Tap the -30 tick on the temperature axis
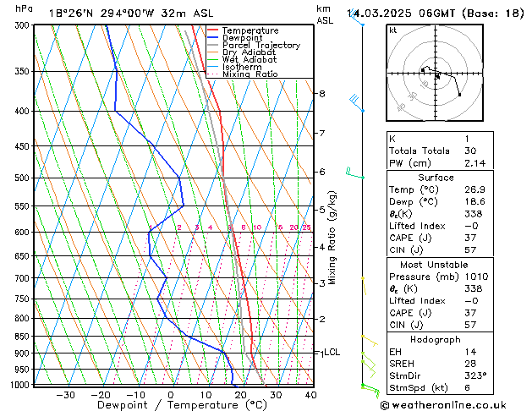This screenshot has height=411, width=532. click(x=65, y=394)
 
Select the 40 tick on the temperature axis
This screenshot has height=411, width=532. click(x=310, y=394)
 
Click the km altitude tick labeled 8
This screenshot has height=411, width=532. click(x=321, y=93)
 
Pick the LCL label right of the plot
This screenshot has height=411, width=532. click(x=332, y=352)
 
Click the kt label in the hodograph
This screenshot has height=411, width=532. click(x=392, y=30)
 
